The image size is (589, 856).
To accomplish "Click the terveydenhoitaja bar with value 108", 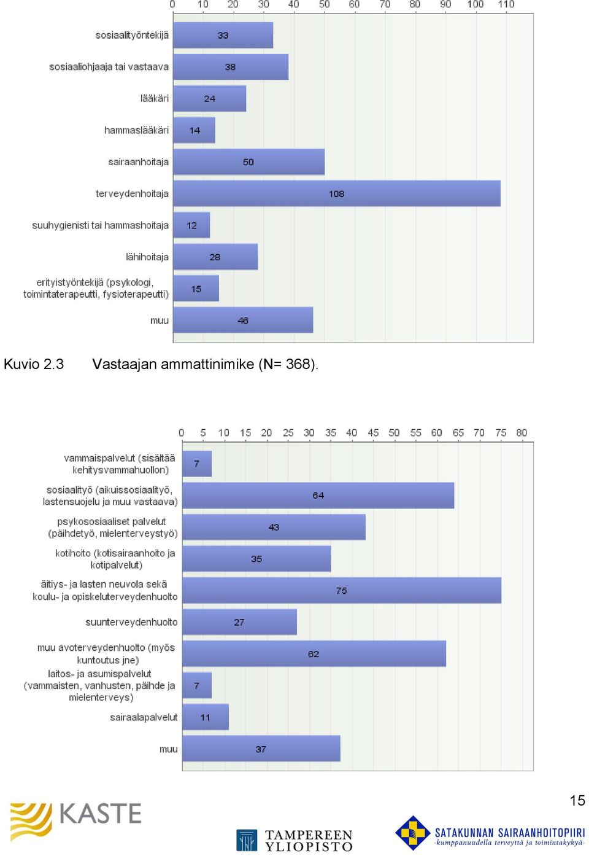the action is tap(337, 193).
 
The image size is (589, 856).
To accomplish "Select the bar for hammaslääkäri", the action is tap(194, 130).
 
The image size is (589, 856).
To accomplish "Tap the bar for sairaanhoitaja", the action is tap(249, 161).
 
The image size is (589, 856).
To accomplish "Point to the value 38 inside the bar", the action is tap(230, 67).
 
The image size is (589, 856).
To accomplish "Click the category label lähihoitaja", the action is tap(147, 257).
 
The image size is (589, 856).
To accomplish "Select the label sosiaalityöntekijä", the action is tap(132, 35).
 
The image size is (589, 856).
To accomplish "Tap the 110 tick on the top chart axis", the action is tap(506, 4).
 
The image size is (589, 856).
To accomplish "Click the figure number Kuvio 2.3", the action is tap(34, 364).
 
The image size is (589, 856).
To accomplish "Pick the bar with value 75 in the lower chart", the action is tap(342, 590).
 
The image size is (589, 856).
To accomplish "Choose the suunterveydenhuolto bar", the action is tap(239, 622).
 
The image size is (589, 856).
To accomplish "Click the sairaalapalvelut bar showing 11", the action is tap(206, 717).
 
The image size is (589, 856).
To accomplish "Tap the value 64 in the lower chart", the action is tap(318, 496).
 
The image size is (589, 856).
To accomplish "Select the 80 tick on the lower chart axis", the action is tap(522, 432).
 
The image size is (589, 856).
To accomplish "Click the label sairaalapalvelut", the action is tap(144, 717).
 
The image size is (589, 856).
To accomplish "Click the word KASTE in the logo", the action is tap(101, 813).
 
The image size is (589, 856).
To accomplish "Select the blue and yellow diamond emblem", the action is tap(413, 833).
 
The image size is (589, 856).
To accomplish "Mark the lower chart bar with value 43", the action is tap(274, 527).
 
